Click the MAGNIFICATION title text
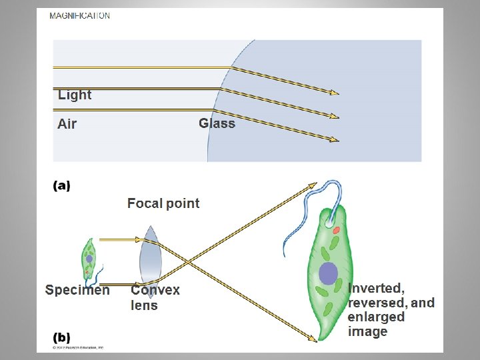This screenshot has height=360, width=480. click(80, 15)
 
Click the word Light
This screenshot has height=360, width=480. click(75, 95)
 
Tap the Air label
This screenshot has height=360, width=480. click(67, 123)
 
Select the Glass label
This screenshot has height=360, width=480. click(217, 123)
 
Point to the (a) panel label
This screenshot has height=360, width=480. click(61, 186)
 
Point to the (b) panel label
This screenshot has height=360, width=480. click(61, 337)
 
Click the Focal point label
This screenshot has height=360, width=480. click(163, 203)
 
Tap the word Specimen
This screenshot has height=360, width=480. click(77, 290)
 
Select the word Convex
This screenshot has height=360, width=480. click(155, 290)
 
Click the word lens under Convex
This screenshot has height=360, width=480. click(144, 305)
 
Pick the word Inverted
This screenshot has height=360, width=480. click(376, 289)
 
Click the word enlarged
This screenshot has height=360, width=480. click(376, 317)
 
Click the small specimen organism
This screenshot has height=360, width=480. click(89, 257)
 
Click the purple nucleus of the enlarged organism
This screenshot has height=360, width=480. click(328, 273)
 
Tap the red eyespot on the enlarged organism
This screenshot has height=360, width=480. click(337, 230)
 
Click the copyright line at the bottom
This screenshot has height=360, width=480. click(79, 347)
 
